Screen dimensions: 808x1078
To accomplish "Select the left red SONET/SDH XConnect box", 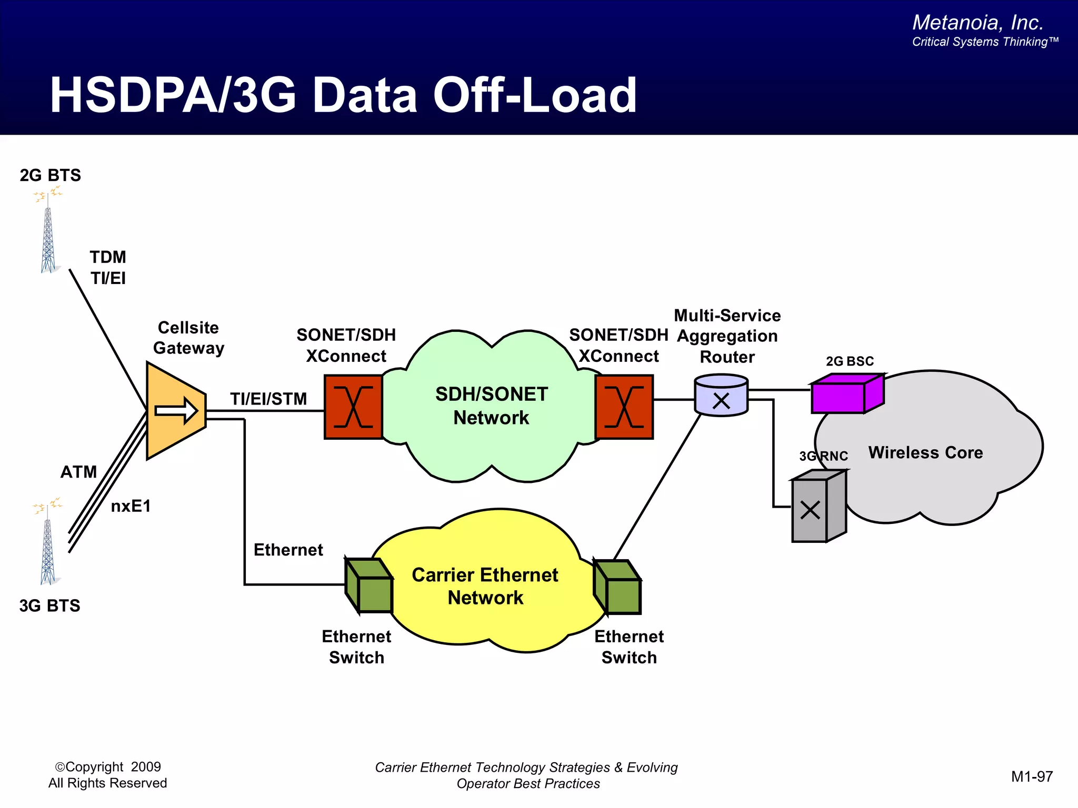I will (353, 407).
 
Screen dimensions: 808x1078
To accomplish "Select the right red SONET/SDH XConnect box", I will (624, 407).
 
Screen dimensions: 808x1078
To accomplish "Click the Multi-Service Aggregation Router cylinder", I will (721, 396).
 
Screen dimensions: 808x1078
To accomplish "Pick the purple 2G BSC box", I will (845, 395).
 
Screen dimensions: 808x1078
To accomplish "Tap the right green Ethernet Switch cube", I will (617, 587).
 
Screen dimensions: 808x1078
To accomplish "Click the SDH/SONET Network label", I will (492, 406).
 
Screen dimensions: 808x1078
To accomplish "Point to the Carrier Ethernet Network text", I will (485, 586).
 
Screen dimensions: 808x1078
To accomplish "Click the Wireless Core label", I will (925, 452).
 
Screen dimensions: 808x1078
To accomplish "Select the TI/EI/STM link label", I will (268, 399).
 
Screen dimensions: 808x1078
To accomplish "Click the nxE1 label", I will (131, 506).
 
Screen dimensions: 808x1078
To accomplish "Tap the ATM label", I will (79, 472).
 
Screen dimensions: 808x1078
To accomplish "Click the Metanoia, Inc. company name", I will (977, 23).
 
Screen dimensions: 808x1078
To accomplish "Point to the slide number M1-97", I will (1032, 776).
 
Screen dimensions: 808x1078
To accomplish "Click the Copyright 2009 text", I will (108, 767).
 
